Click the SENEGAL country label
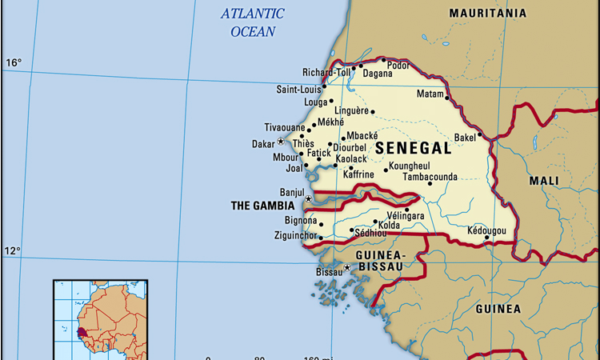coord(413,148)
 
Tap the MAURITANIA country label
coord(487,14)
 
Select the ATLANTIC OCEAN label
coord(252,22)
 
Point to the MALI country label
coord(545,181)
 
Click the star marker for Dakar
coord(280,142)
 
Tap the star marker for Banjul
coord(309,198)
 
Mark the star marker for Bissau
coord(346,267)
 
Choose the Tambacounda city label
coord(430,176)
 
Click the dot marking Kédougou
coord(487,237)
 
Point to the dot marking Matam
coord(447,98)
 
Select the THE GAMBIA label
coord(262,206)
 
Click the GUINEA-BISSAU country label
coord(382,260)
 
